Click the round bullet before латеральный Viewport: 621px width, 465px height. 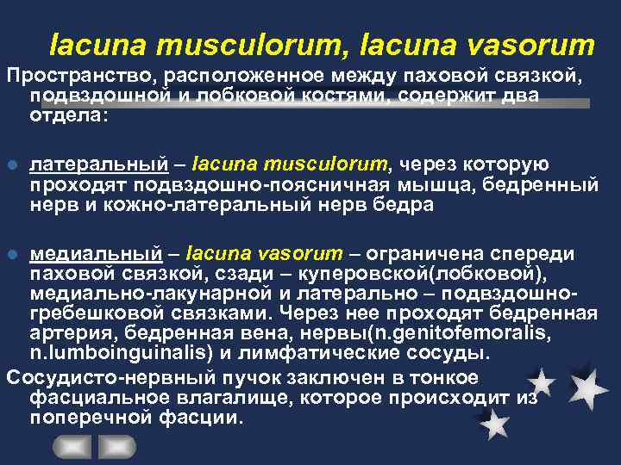click(10, 164)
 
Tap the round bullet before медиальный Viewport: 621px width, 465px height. click(10, 253)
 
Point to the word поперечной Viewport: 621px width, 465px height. click(86, 417)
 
